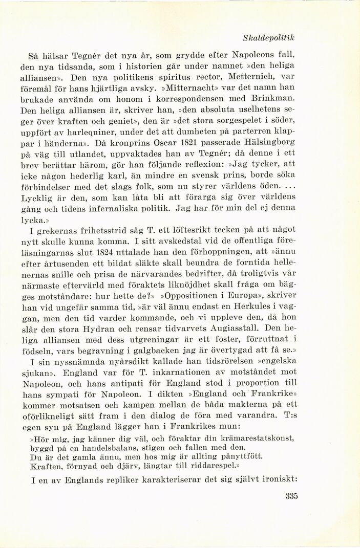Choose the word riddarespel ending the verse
pos(210,466)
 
